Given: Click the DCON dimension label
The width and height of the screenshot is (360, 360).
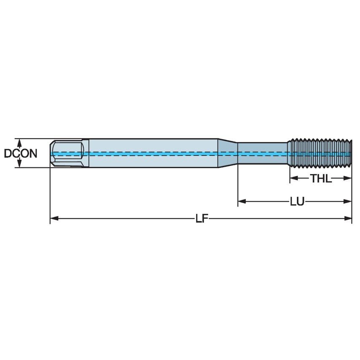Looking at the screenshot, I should [x=20, y=153].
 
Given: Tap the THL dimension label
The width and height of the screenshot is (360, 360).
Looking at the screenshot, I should [x=321, y=178].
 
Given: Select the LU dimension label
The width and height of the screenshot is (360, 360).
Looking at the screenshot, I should [x=297, y=201].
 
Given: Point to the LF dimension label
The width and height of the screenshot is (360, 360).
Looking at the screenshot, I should [x=201, y=218].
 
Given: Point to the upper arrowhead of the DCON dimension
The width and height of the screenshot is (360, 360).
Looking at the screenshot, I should [x=19, y=141].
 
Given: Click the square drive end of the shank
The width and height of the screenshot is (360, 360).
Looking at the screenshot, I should [x=67, y=153].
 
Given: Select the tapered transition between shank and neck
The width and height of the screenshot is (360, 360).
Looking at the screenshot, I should [x=228, y=153].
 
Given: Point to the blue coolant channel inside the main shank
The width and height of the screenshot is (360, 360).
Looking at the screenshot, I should [x=152, y=154].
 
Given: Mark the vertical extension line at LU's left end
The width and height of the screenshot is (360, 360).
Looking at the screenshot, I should [x=238, y=185].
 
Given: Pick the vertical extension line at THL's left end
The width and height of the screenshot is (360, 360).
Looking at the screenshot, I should [x=290, y=175].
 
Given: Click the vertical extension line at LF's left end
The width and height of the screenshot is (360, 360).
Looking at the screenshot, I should [x=50, y=194].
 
